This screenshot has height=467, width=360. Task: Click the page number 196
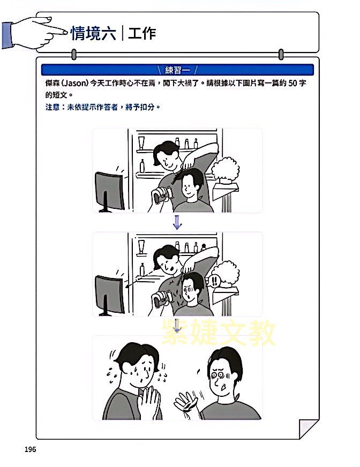30,449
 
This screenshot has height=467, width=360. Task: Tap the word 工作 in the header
142,33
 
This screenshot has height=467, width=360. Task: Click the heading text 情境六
93,33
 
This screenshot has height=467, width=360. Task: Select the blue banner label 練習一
177,70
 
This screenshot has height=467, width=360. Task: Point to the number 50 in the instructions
292,83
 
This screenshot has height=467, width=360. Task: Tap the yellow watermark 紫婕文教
218,332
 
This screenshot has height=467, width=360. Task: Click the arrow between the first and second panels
177,222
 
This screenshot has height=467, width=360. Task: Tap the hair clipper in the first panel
162,195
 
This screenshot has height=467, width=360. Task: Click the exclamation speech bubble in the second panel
214,281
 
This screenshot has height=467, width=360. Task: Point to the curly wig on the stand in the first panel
225,170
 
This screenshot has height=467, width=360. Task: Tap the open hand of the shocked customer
186,402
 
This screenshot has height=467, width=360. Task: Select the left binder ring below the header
74,55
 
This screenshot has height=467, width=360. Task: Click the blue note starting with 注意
103,107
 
